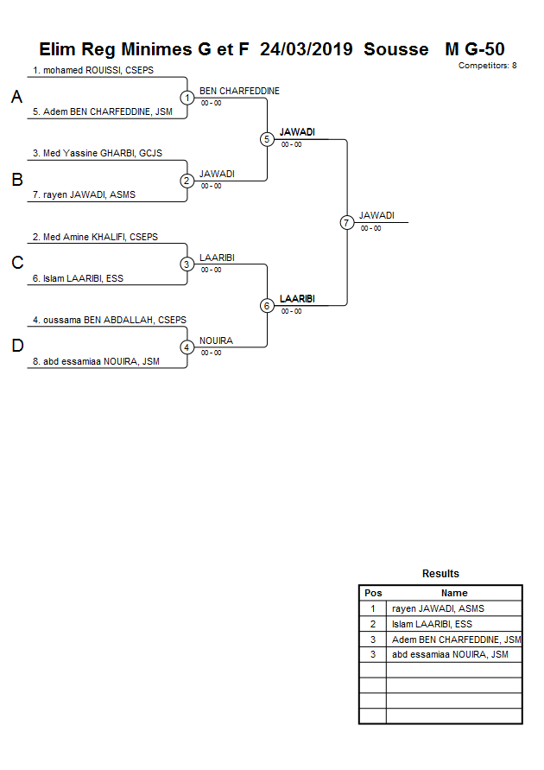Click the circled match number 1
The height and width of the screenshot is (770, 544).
187,98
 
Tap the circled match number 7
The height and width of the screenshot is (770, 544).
346,222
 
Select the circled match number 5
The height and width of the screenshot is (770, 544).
267,139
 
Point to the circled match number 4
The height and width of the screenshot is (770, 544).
187,347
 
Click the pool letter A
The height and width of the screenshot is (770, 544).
16,98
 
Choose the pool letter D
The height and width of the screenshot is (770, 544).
16,347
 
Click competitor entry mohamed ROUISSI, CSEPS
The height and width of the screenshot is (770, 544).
93,70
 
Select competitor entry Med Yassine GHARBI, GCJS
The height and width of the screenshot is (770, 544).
98,153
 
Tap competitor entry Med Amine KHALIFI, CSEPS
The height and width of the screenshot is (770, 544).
95,236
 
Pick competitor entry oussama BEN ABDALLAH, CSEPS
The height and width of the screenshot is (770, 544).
110,320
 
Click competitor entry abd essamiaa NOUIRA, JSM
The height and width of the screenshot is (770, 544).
101,362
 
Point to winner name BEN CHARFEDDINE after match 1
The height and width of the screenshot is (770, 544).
239,91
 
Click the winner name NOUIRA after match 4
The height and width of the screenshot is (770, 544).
216,340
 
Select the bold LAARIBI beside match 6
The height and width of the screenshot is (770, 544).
297,298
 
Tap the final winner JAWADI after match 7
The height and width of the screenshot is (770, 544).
376,215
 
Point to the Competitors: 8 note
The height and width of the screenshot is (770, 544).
487,66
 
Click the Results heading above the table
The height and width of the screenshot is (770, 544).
440,574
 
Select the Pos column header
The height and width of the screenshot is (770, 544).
373,593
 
